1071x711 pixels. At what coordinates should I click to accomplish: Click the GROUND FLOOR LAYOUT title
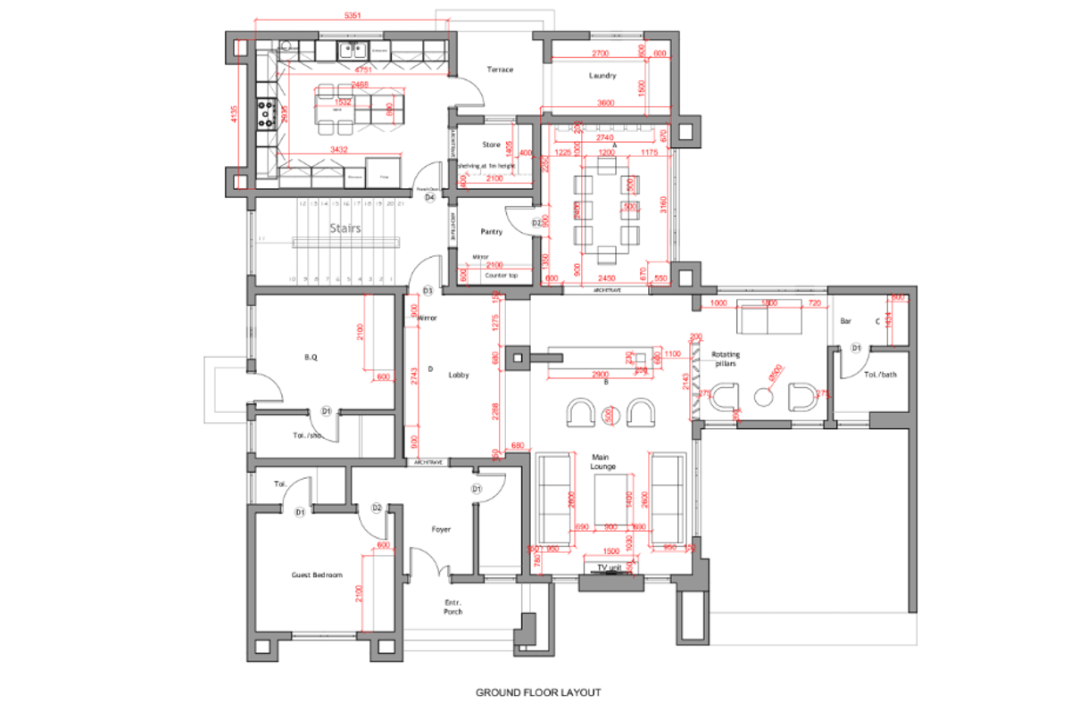537,692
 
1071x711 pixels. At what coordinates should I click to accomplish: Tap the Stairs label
345,228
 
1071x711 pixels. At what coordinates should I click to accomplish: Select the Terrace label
500,70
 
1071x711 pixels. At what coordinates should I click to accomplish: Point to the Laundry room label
602,76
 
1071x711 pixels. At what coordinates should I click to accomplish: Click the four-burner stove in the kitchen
265,112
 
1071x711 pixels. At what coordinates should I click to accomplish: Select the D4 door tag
429,198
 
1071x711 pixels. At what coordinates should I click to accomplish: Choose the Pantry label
491,232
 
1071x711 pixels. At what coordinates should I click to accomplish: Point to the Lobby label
459,376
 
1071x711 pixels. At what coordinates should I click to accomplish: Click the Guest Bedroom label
317,575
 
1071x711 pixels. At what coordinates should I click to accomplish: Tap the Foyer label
441,529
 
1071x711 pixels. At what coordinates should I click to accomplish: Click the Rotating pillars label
724,360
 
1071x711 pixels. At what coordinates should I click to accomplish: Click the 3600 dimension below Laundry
606,103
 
